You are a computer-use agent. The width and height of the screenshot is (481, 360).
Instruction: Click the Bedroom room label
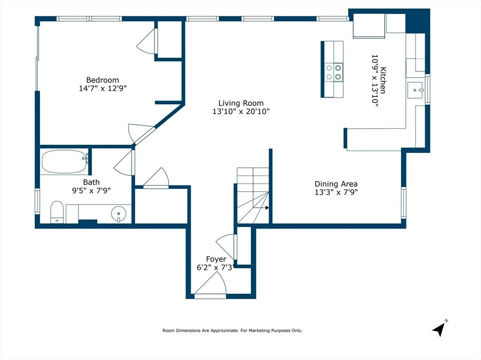click(x=102, y=80)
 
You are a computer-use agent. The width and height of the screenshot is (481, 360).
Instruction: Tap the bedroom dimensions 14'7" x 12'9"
click(x=103, y=88)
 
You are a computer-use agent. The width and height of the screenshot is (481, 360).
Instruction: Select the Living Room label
click(x=241, y=103)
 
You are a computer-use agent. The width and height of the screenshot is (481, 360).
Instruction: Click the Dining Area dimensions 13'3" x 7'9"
click(x=336, y=192)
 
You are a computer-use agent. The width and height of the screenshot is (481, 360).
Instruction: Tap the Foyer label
click(x=216, y=259)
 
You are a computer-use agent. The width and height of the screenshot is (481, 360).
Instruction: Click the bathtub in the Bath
click(x=65, y=161)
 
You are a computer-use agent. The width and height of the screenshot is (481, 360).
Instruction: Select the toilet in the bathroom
click(x=57, y=212)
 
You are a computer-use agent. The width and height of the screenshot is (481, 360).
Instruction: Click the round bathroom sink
click(x=119, y=213)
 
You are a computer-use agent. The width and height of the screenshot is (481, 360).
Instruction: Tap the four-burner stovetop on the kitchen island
click(x=334, y=72)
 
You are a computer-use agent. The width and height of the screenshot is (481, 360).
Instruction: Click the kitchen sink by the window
click(x=415, y=90)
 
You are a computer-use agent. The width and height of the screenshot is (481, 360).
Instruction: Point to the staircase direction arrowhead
click(x=267, y=208)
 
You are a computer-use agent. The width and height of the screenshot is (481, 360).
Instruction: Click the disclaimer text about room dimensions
click(x=232, y=330)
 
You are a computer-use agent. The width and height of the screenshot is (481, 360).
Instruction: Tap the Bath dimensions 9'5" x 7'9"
click(x=91, y=191)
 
